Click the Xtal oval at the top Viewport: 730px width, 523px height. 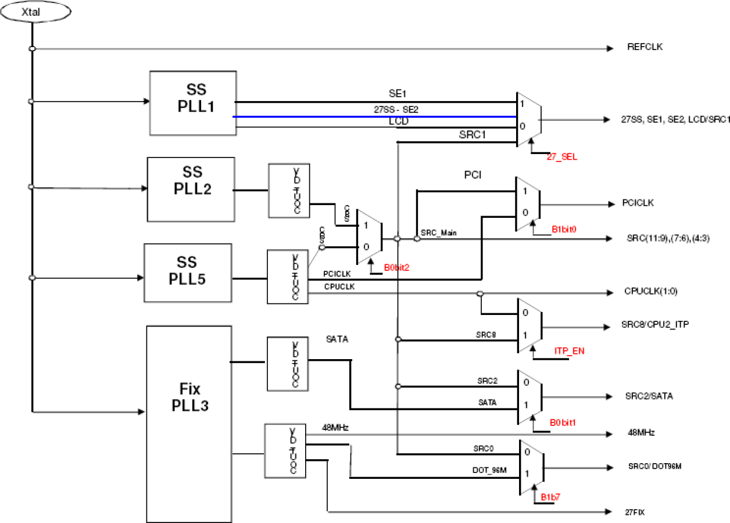35,11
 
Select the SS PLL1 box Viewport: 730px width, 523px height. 192,102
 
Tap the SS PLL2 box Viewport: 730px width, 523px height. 191,189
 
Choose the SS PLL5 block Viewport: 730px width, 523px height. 188,273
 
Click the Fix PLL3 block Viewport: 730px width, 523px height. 188,423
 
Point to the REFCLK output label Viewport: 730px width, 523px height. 645,47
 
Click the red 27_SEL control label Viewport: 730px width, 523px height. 562,156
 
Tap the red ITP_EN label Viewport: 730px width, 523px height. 568,350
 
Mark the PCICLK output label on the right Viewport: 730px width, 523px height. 639,204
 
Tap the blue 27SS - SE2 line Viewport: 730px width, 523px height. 372,116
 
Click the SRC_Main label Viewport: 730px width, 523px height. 439,233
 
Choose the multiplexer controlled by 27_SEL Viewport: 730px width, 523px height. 528,118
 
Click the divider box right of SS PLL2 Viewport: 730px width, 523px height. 289,191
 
